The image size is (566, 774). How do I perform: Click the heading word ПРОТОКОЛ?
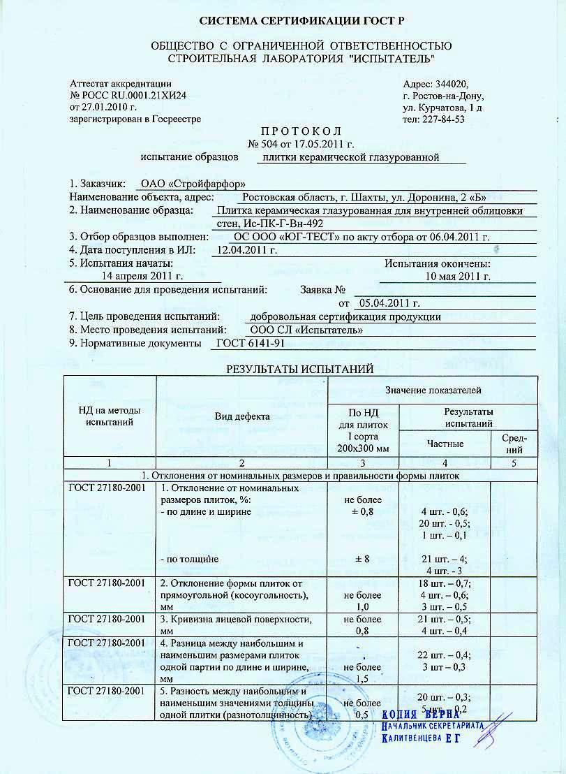click(x=282, y=131)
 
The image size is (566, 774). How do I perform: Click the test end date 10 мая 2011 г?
click(x=458, y=277)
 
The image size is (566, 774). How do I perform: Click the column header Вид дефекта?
click(x=241, y=416)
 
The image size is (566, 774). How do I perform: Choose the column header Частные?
click(x=445, y=443)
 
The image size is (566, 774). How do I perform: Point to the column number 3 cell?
click(x=362, y=462)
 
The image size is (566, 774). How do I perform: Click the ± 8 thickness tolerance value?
click(x=362, y=559)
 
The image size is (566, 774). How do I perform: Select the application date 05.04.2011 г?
click(x=388, y=303)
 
